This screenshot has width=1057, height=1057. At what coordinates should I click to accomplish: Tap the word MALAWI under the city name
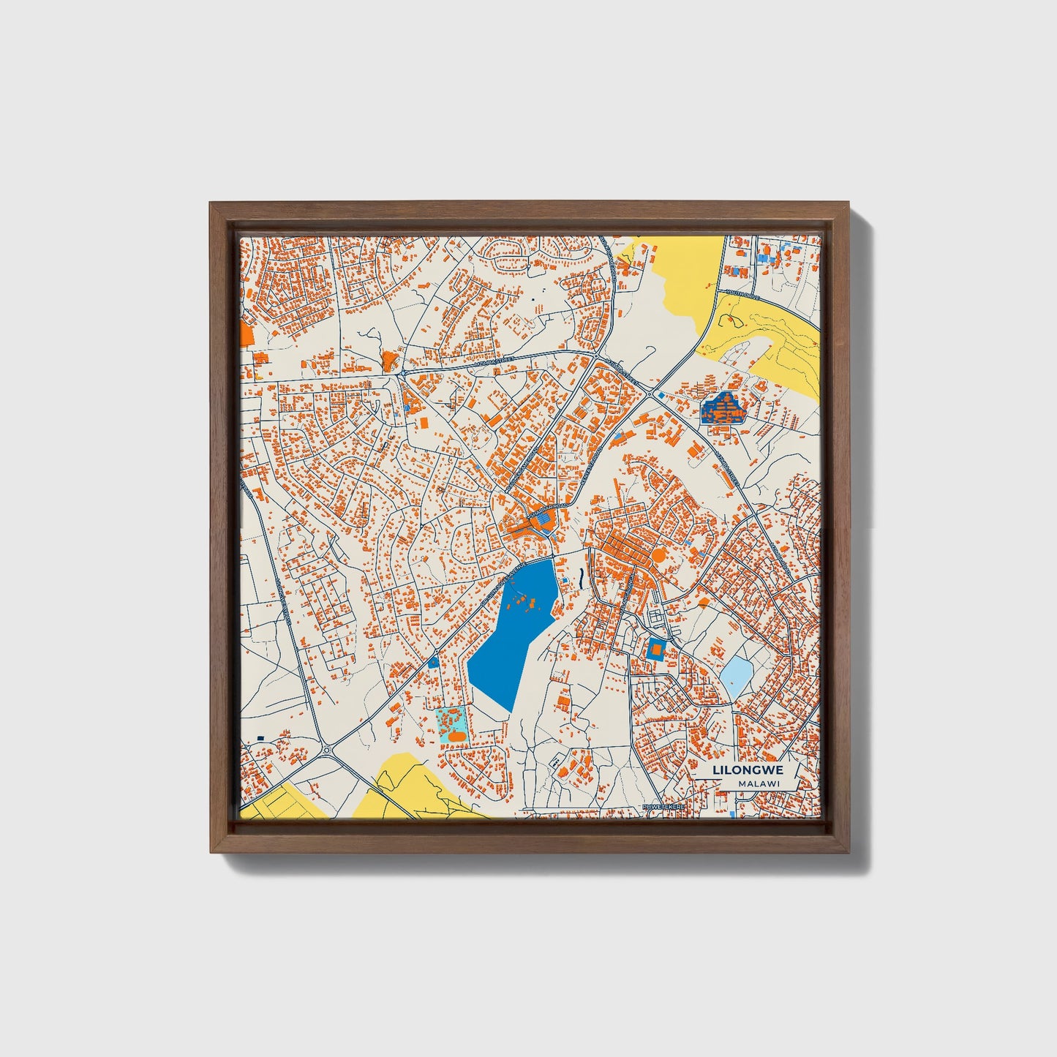point(758,783)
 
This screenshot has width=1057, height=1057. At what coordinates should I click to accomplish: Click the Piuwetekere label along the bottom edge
point(662,806)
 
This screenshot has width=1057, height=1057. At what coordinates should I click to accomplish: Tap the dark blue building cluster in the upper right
point(723,408)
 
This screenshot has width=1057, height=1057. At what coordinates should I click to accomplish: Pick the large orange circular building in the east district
point(658,555)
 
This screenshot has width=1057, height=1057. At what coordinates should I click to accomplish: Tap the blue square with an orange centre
point(656,648)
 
